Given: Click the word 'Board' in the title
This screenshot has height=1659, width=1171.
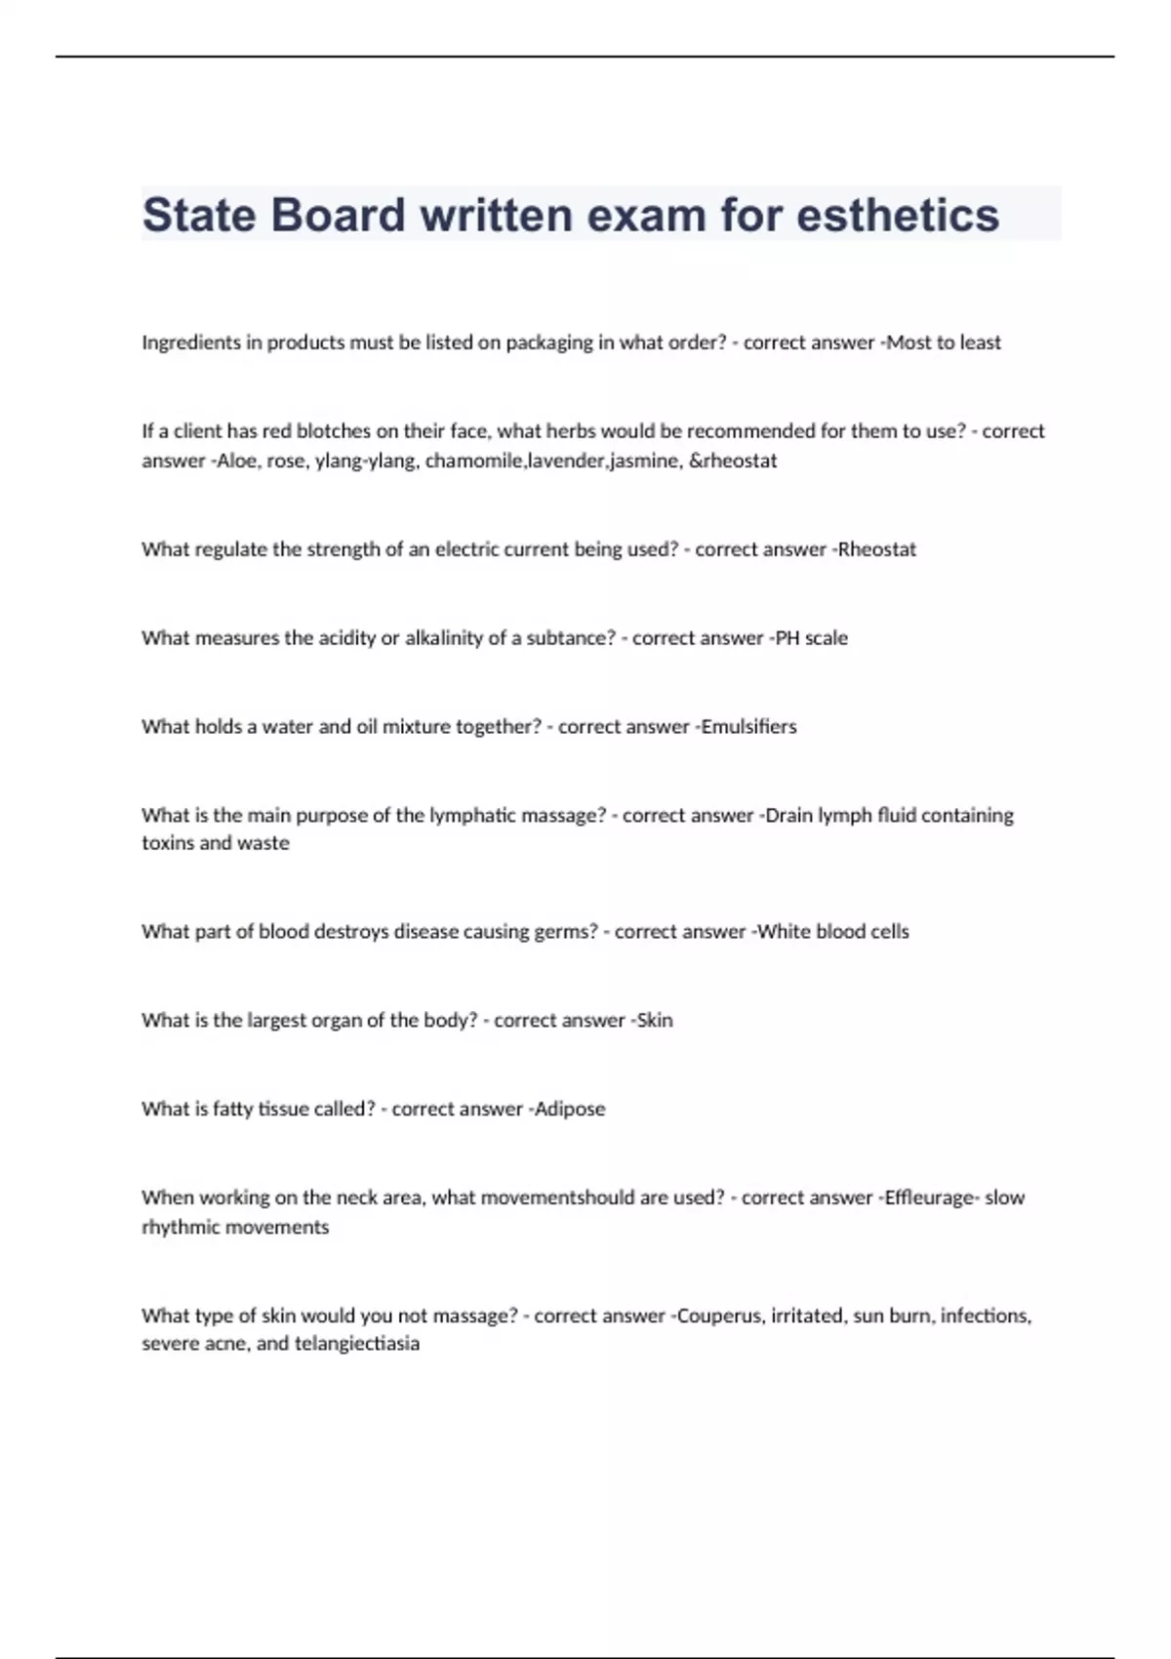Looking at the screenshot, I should pos(338,215).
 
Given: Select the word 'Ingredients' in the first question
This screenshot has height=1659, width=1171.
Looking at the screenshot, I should pos(190,343).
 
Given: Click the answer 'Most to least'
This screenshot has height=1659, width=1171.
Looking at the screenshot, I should pos(944,343).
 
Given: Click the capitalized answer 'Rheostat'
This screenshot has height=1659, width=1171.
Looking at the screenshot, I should pos(877,549).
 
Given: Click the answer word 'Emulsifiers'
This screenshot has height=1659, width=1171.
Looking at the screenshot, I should pos(749,727).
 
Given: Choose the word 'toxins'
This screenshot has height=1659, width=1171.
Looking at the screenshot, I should pos(168,843).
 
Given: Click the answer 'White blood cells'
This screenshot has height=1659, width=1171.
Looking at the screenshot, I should pos(833,932).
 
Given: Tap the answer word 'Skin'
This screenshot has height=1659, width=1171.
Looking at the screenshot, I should pos(655,1021).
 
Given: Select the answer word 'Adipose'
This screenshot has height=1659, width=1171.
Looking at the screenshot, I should pos(570,1110).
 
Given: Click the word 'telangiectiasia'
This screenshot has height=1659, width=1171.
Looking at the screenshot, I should pos(357,1344).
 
